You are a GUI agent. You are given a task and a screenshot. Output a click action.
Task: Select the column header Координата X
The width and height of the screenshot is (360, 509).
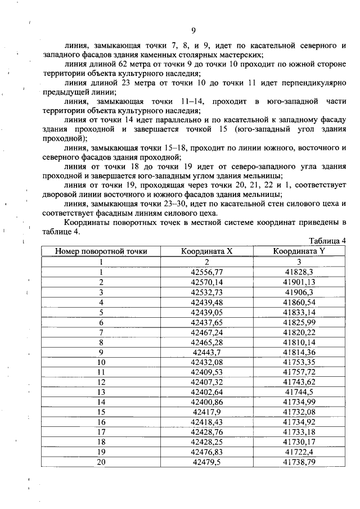click(x=206, y=251)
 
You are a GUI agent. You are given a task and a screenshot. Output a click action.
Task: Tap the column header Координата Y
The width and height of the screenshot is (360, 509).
click(x=299, y=251)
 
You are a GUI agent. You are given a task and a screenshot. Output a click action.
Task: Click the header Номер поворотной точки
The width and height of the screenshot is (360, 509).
click(x=101, y=251)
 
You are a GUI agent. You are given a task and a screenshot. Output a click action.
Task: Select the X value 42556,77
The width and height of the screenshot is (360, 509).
click(x=207, y=272)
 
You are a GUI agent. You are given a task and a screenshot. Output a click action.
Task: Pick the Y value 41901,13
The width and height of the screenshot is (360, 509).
click(x=299, y=282)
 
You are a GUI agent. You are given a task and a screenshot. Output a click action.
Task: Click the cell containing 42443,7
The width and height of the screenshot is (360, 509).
click(x=207, y=352)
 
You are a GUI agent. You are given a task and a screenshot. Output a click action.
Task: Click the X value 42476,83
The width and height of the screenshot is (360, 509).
click(x=207, y=452)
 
